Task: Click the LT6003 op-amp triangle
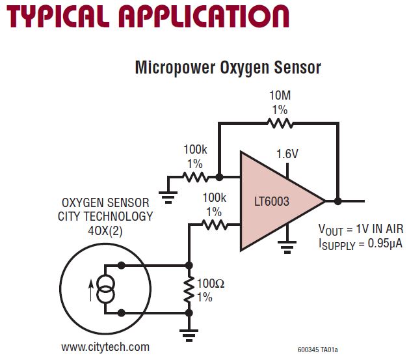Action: [x=276, y=201]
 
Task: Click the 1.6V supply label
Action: [x=287, y=154]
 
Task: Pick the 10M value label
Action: [x=280, y=96]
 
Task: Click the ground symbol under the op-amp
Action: [x=284, y=247]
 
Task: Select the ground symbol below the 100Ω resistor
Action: [x=189, y=335]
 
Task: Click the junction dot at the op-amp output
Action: [x=337, y=201]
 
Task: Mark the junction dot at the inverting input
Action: [x=219, y=176]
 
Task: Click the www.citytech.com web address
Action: [x=105, y=347]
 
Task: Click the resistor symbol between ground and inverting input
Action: [x=194, y=176]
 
